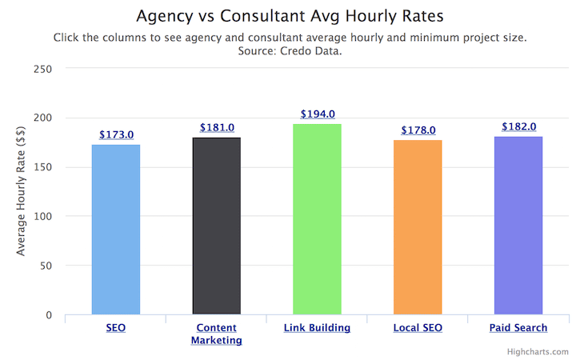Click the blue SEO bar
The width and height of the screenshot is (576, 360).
pyautogui.click(x=116, y=230)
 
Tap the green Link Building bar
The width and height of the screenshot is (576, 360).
pyautogui.click(x=317, y=219)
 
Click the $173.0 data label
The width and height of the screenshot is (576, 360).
pyautogui.click(x=116, y=136)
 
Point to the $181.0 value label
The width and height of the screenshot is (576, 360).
pyautogui.click(x=216, y=128)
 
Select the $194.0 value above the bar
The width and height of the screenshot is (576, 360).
pyautogui.click(x=318, y=114)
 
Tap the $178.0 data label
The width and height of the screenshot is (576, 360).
pyautogui.click(x=418, y=130)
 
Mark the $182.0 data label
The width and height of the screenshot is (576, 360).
pyautogui.click(x=518, y=126)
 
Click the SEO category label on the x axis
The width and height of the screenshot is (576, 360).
pyautogui.click(x=116, y=328)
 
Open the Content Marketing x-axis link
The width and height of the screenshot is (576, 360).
pyautogui.click(x=216, y=334)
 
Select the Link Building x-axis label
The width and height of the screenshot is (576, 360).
pyautogui.click(x=317, y=328)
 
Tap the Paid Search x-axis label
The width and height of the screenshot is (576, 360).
pyautogui.click(x=518, y=328)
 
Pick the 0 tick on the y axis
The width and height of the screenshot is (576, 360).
pyautogui.click(x=49, y=315)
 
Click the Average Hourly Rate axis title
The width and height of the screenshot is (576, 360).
pyautogui.click(x=22, y=192)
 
